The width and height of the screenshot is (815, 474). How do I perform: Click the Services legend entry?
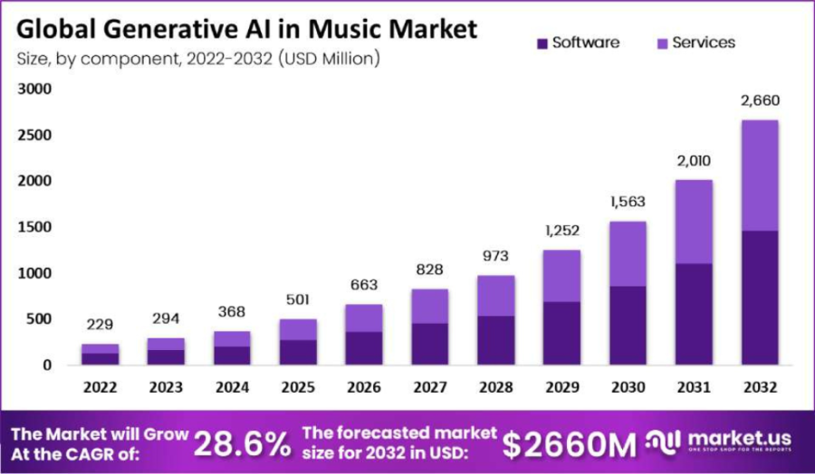pyautogui.click(x=695, y=43)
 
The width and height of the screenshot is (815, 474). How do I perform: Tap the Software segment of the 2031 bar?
pyautogui.click(x=693, y=314)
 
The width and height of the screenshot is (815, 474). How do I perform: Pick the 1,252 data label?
pyautogui.click(x=562, y=231)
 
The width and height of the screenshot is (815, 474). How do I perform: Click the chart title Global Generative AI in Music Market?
pyautogui.click(x=246, y=29)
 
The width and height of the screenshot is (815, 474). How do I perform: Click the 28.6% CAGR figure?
pyautogui.click(x=243, y=442)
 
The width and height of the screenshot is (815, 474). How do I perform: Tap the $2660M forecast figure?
pyautogui.click(x=570, y=442)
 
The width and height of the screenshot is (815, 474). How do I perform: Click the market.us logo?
pyautogui.click(x=720, y=441)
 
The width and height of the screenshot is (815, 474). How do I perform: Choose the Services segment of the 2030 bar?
pyautogui.click(x=628, y=253)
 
